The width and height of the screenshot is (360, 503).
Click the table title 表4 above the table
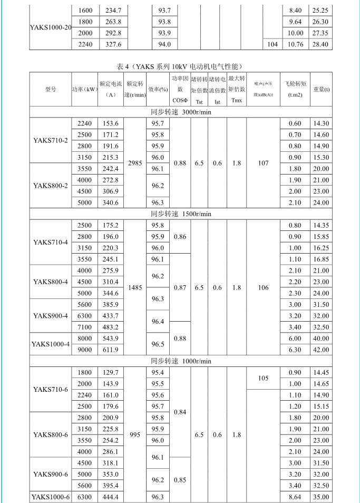180,66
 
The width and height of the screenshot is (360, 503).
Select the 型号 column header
50,89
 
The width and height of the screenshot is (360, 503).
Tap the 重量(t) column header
322,89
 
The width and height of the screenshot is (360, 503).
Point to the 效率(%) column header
158,89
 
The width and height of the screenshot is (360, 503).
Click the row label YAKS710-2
50,140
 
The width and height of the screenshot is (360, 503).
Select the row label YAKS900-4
50,316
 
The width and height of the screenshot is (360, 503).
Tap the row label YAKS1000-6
50,497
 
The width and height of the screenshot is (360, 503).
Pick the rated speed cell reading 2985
135,163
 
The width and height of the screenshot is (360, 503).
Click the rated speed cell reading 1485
135,287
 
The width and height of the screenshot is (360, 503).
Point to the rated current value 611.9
111,350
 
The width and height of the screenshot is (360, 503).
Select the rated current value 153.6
111,123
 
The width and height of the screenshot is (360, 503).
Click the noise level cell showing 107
263,163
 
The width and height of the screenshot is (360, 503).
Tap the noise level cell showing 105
263,378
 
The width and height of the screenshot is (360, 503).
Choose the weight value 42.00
322,350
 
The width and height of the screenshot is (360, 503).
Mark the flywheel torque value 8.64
295,497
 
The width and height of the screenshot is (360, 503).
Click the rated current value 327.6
111,44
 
